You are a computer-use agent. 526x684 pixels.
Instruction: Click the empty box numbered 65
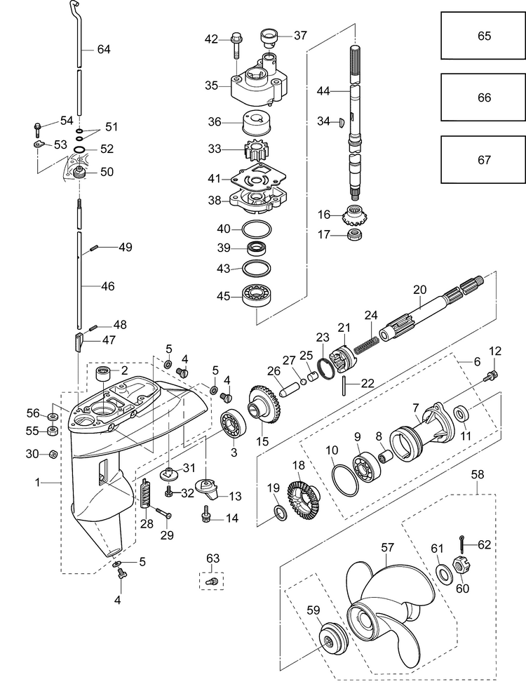(x=483, y=35)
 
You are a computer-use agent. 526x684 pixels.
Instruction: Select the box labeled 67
(x=483, y=160)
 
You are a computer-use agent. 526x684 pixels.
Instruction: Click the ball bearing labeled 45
(x=255, y=296)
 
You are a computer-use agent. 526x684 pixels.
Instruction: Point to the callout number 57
(x=387, y=547)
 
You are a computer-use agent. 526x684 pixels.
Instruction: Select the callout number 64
(x=103, y=49)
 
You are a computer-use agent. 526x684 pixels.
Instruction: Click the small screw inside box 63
(x=213, y=581)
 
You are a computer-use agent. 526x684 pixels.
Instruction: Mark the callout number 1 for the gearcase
(x=37, y=483)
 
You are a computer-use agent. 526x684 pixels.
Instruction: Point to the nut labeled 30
(x=51, y=454)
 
